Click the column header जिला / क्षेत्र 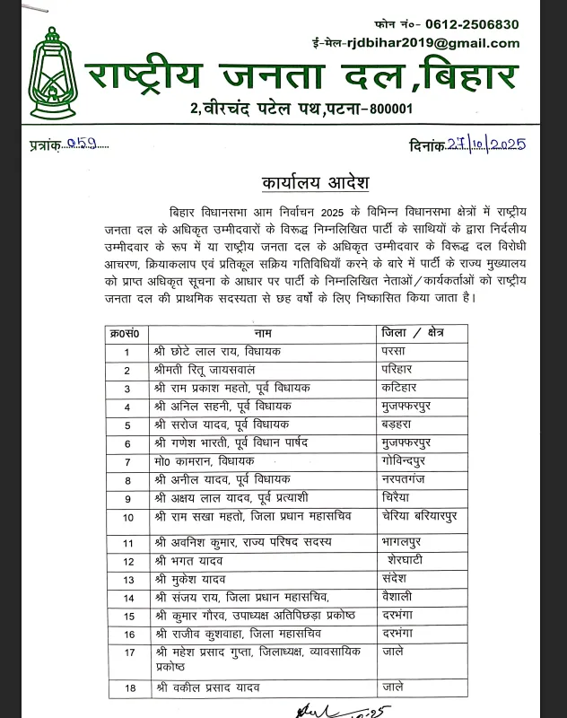coord(413,333)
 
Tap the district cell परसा coord(397,352)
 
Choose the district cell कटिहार coord(401,389)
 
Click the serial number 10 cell coord(128,517)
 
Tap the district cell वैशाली coord(400,598)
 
